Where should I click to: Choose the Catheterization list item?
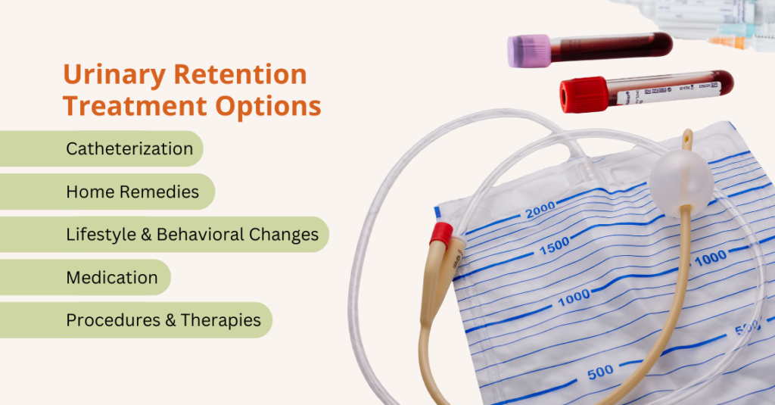(x=129, y=148)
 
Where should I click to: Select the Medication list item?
(x=112, y=278)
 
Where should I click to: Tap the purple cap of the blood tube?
(x=528, y=51)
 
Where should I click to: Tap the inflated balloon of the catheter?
(x=680, y=181)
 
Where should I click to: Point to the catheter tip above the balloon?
(x=686, y=140)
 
